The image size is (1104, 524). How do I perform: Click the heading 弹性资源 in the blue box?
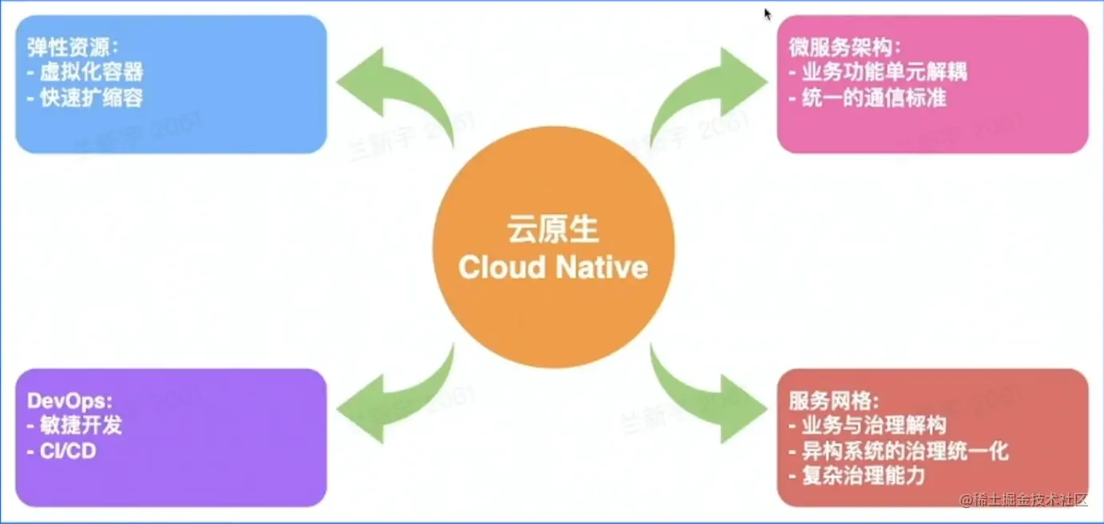(72, 46)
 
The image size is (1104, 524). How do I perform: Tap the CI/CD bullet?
(67, 451)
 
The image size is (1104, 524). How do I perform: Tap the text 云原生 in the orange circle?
(552, 230)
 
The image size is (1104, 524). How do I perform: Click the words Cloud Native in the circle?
(552, 267)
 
